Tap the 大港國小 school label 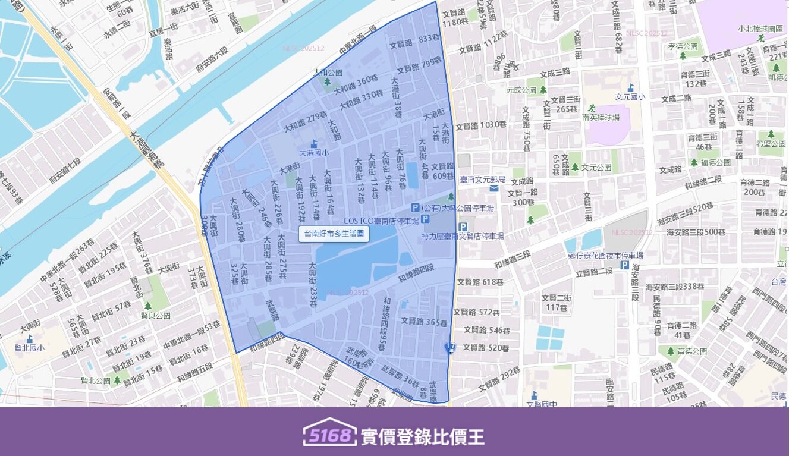(313, 153)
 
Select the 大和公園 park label (328, 73)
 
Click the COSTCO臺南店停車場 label (381, 219)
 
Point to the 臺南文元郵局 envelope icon (494, 188)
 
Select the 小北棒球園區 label (759, 28)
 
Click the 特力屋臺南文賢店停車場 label (463, 236)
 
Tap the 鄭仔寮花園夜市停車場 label (605, 256)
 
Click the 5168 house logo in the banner (329, 435)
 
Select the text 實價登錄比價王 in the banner (422, 437)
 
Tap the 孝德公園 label (683, 46)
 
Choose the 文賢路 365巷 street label (424, 322)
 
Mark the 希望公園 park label (772, 143)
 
